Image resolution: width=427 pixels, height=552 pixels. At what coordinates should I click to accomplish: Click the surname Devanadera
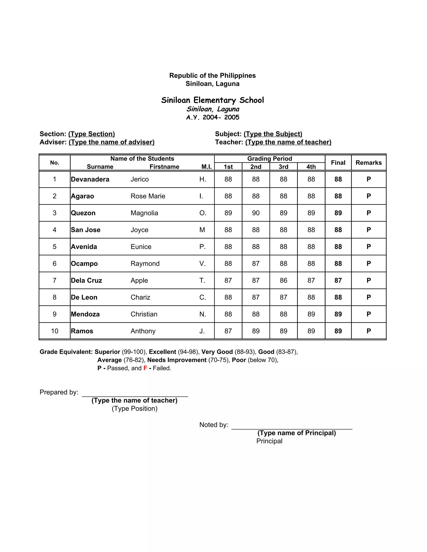pos(90,179)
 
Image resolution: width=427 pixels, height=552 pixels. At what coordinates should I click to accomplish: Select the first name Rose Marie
pos(148,196)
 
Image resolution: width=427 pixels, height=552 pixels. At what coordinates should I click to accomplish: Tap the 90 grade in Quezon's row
pos(256,213)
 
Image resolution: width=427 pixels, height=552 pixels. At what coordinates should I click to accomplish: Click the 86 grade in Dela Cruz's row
pos(283,281)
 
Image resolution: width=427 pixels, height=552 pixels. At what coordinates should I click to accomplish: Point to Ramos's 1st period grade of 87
pos(228,331)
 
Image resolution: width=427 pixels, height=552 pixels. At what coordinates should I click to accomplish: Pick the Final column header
pos(338,163)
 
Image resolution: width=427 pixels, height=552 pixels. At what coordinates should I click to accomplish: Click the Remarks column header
pos(369,163)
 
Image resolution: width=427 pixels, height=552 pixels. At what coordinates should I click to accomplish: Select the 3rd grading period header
pos(283,167)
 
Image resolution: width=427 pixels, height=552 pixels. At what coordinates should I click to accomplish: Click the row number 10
pos(54,331)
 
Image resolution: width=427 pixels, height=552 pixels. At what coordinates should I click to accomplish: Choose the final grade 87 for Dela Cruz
pos(338,281)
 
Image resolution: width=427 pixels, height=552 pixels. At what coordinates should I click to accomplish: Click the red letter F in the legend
pos(145,368)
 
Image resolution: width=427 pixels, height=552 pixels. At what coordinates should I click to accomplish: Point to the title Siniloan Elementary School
pos(212,100)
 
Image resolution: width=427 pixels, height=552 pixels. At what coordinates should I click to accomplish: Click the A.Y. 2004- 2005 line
pos(212,117)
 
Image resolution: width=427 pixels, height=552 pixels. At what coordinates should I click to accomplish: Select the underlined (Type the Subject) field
pos(273,134)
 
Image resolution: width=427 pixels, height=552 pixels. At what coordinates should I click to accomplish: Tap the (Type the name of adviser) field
pos(112,142)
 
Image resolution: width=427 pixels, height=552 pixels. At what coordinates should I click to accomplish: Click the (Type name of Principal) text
pos(296,433)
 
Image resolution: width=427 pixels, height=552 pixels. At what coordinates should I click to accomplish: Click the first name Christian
pos(144,314)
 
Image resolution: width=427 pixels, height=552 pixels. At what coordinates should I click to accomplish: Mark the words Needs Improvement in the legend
pos(177,360)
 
